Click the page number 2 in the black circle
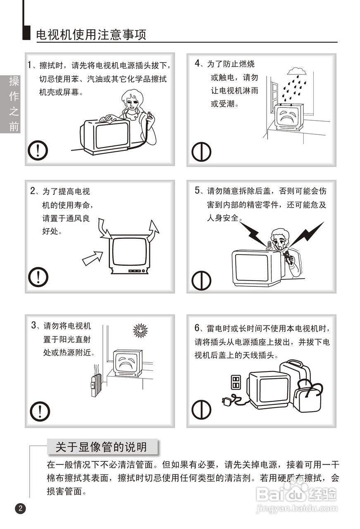(x=20, y=508)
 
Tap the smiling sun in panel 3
(x=140, y=330)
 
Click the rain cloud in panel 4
(x=297, y=71)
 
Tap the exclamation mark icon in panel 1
(x=38, y=150)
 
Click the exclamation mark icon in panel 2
(x=38, y=277)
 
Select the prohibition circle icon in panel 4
(x=201, y=152)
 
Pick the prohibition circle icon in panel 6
(x=201, y=410)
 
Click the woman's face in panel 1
(x=131, y=103)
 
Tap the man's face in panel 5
(x=280, y=242)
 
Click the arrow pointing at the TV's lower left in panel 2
(x=93, y=258)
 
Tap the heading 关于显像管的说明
(x=101, y=447)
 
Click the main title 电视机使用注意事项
(x=91, y=35)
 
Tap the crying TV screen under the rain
(x=288, y=117)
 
